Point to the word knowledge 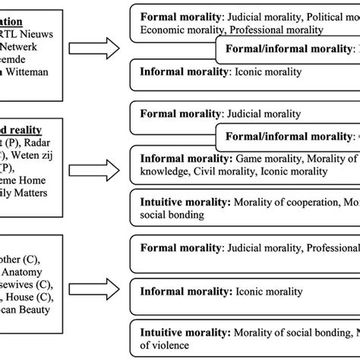(x=167, y=173)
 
